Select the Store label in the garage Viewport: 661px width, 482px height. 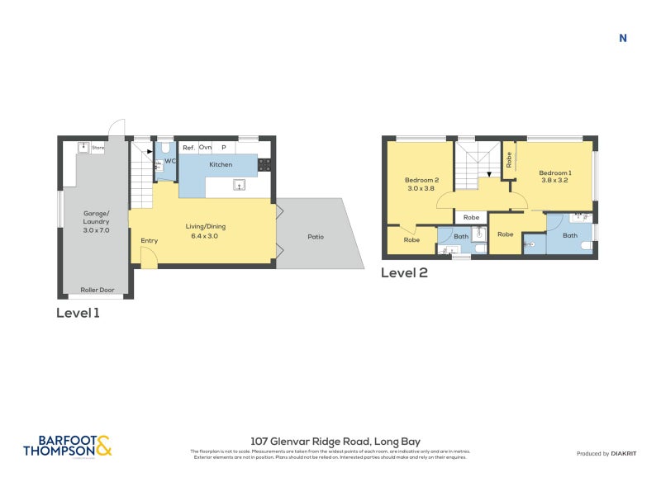click(98, 149)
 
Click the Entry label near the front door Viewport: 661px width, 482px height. click(149, 241)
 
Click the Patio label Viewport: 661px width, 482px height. click(316, 237)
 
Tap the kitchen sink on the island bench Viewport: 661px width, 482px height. click(240, 186)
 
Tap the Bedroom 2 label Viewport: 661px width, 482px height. click(421, 180)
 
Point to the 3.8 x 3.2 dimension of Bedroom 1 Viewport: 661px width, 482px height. click(555, 180)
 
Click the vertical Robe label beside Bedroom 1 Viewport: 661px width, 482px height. click(509, 159)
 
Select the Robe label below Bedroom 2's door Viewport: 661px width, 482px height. click(411, 240)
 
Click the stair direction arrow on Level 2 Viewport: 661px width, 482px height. click(488, 174)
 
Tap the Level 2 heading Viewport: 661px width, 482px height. click(404, 273)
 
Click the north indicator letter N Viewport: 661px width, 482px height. click(623, 38)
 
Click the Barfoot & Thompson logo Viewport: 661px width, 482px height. click(66, 446)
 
